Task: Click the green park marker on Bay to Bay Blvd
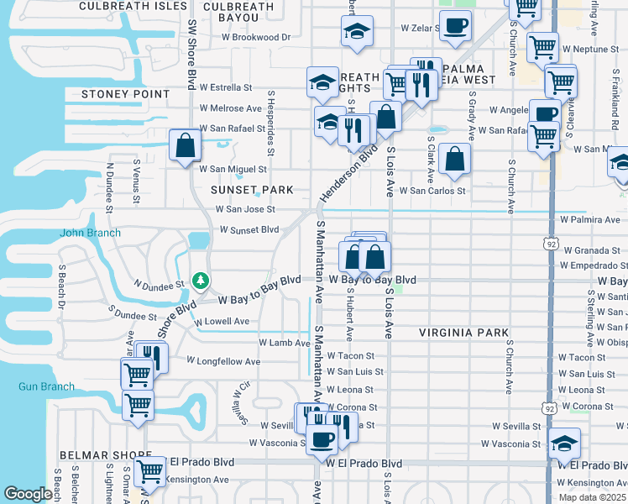pyautogui.click(x=200, y=280)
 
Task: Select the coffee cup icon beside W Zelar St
pyautogui.click(x=455, y=26)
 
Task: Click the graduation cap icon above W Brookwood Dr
pyautogui.click(x=357, y=32)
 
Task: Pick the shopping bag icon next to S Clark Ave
pyautogui.click(x=454, y=159)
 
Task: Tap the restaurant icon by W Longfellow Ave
pyautogui.click(x=152, y=357)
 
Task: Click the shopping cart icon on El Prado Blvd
pyautogui.click(x=150, y=471)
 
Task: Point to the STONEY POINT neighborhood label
pyautogui.click(x=126, y=94)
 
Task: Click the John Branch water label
pyautogui.click(x=90, y=233)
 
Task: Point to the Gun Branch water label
pyautogui.click(x=46, y=387)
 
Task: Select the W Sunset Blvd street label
pyautogui.click(x=249, y=229)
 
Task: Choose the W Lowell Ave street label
pyautogui.click(x=221, y=322)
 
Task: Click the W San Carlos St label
pyautogui.click(x=432, y=191)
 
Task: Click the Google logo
pyautogui.click(x=28, y=494)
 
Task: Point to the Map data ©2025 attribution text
pyautogui.click(x=592, y=497)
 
